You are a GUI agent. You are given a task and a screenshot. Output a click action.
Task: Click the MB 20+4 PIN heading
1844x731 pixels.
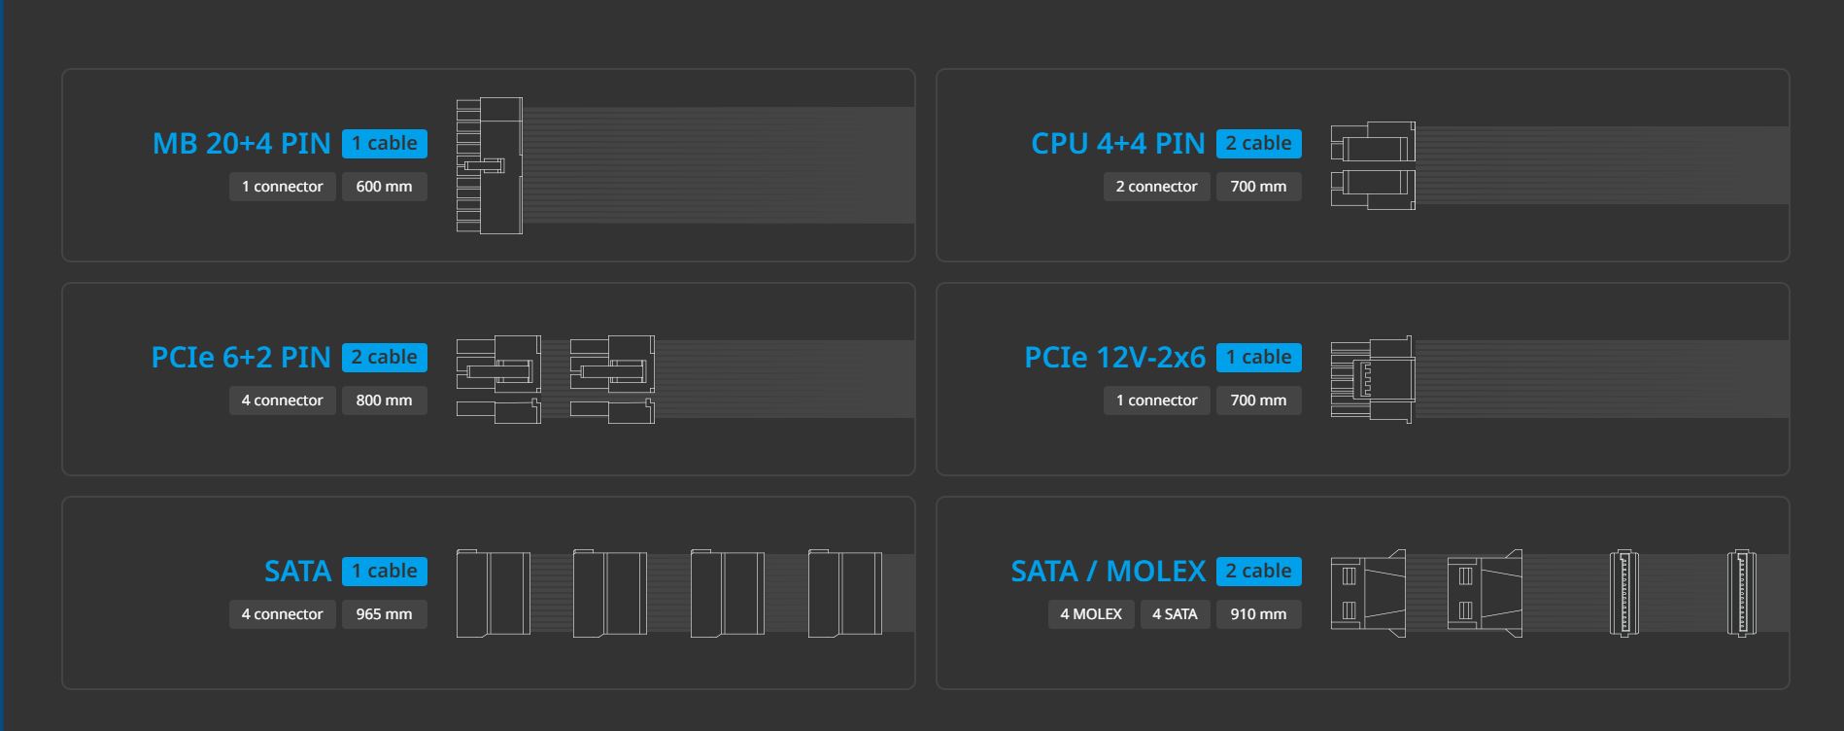coord(242,144)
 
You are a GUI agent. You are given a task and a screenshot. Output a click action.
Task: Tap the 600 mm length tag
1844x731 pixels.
coord(384,187)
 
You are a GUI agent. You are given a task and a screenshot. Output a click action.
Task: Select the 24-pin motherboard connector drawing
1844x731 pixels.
coord(490,165)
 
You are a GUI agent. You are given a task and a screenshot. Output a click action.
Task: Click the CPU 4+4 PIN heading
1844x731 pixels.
coord(1117,144)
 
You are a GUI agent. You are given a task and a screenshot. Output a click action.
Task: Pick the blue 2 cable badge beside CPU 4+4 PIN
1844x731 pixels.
coord(1258,144)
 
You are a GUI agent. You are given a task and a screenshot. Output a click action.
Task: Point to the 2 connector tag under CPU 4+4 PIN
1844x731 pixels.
coord(1156,187)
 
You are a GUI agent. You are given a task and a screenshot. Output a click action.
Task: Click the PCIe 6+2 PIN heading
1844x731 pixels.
coord(241,358)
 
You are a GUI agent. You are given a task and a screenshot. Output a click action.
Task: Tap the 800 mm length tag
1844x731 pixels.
coord(384,400)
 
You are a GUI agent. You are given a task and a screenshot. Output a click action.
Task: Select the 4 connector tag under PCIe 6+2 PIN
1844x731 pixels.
coord(282,400)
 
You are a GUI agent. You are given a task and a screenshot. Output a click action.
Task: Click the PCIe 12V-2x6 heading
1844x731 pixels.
coord(1114,358)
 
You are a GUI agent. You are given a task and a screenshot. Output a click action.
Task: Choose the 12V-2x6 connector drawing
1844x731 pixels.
coord(1373,379)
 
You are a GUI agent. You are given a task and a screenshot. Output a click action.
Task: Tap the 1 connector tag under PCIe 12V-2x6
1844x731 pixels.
coord(1156,400)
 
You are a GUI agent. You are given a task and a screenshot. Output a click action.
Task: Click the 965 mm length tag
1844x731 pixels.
coord(384,614)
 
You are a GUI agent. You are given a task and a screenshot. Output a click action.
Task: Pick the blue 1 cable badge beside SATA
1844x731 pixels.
coord(384,572)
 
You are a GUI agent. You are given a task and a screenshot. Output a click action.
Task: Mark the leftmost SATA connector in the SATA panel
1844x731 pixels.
coord(494,593)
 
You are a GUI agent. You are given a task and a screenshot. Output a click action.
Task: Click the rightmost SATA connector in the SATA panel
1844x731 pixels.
coord(845,593)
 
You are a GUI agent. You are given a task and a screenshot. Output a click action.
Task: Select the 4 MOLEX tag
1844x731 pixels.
coord(1090,614)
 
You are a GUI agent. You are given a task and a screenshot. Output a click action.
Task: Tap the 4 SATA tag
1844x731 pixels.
coord(1175,614)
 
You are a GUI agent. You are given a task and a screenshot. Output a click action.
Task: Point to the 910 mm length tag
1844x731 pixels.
coord(1258,614)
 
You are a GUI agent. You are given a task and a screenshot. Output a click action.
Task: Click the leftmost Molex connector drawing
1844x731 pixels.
coord(1368,593)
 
